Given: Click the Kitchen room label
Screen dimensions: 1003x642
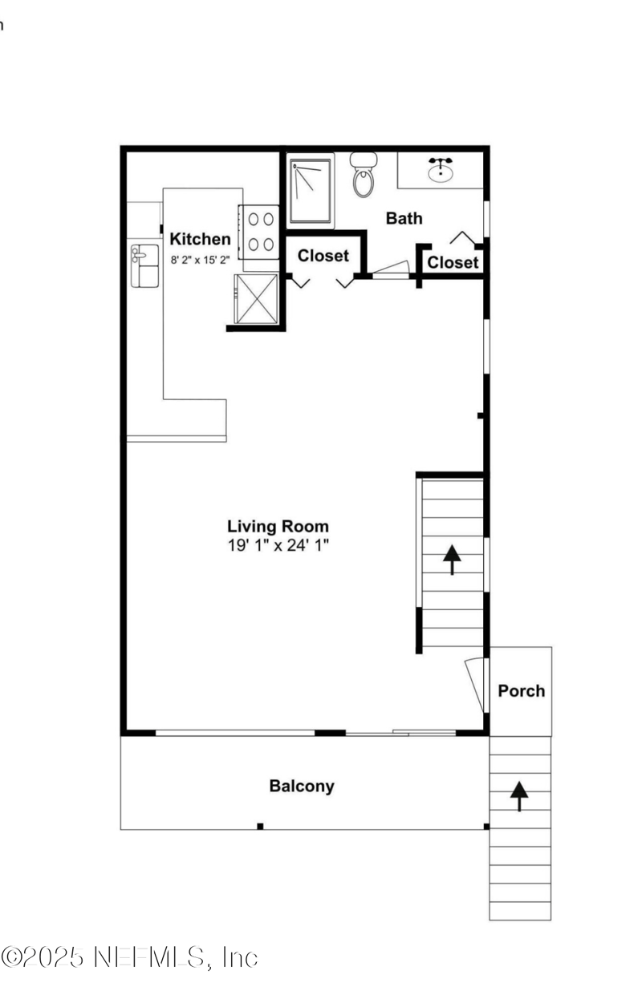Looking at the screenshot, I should tap(200, 239).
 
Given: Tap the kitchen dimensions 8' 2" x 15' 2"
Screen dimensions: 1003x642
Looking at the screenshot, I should tap(200, 259).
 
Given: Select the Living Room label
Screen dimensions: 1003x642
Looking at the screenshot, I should tap(278, 527).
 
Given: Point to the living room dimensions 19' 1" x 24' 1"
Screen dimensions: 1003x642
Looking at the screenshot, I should tap(278, 545).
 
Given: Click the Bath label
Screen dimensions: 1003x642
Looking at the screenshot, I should tap(404, 218).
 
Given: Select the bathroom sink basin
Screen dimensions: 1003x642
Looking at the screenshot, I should tap(441, 170).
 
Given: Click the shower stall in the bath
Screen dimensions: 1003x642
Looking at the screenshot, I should tap(311, 191).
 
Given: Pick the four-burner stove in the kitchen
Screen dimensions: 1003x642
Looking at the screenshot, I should tap(258, 231).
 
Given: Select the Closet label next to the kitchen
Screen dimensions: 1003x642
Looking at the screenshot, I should tap(323, 256).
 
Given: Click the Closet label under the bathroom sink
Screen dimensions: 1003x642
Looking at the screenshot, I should tap(453, 262).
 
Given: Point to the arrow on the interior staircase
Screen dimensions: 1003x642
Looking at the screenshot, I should tap(452, 559).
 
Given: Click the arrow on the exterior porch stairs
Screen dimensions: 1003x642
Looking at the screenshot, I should tap(519, 795).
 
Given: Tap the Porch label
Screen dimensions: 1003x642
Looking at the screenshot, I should tap(521, 690).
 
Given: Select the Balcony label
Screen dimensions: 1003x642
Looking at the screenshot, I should tap(302, 786).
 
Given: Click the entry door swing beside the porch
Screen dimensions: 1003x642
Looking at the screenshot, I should tap(476, 684).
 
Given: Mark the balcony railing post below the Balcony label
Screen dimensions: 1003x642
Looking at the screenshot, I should tap(260, 826).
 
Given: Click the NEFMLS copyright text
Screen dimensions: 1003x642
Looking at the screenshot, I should tap(130, 956).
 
